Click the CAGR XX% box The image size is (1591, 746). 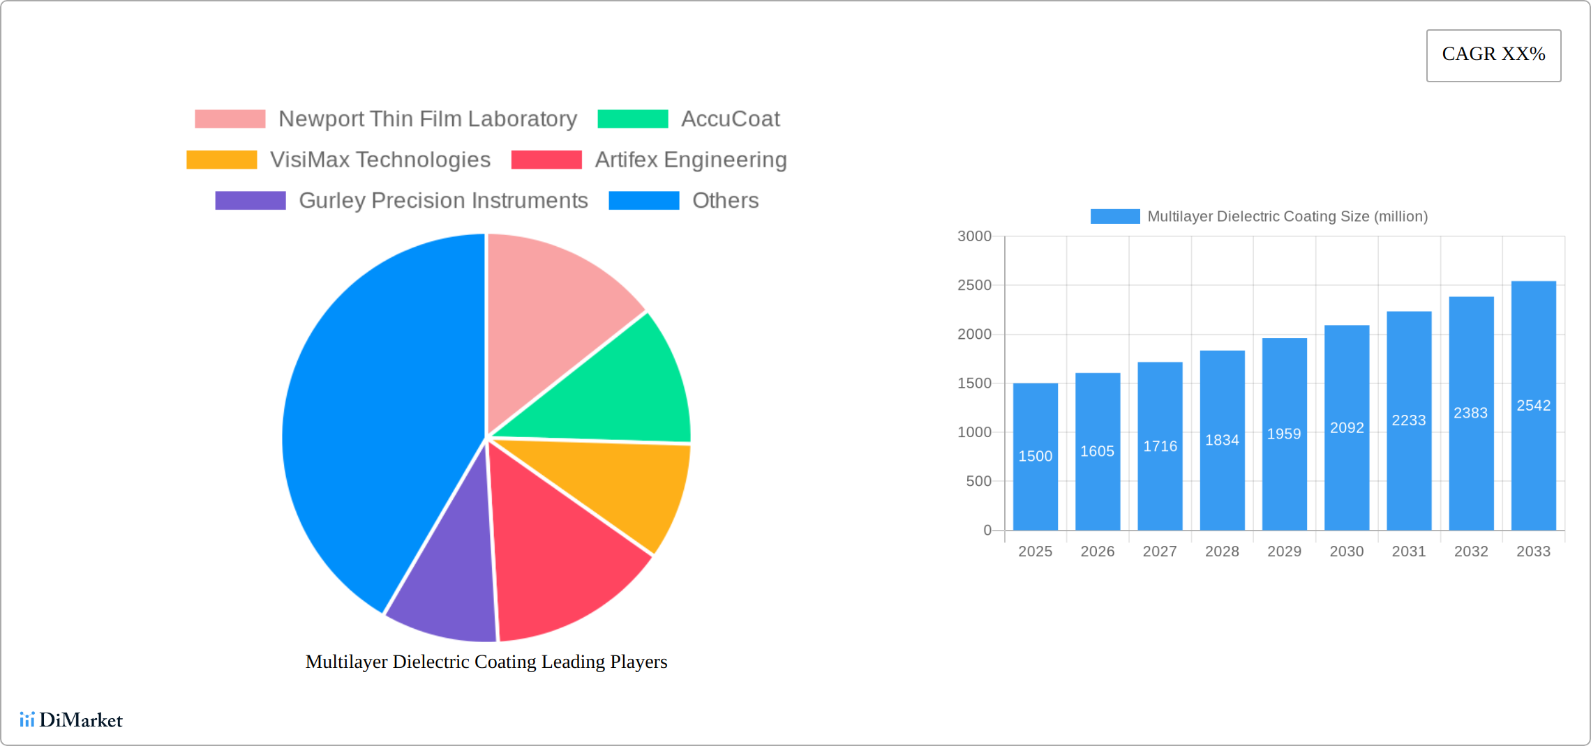[1493, 55]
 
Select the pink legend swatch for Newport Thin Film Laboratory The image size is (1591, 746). [230, 119]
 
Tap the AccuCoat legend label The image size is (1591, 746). [730, 119]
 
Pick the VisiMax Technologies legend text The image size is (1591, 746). [380, 160]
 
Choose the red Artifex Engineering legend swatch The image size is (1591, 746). [546, 160]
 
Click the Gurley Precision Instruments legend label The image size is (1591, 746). [443, 201]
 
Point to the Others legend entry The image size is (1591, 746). [725, 201]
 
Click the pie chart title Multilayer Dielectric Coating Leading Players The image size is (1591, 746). [486, 662]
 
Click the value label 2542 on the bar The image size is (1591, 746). [1533, 406]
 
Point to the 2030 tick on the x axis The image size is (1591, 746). [1346, 551]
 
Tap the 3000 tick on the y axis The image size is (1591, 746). [974, 236]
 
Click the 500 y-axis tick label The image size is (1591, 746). [978, 481]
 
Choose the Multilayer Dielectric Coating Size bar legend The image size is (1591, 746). [1259, 217]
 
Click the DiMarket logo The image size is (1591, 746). [71, 720]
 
